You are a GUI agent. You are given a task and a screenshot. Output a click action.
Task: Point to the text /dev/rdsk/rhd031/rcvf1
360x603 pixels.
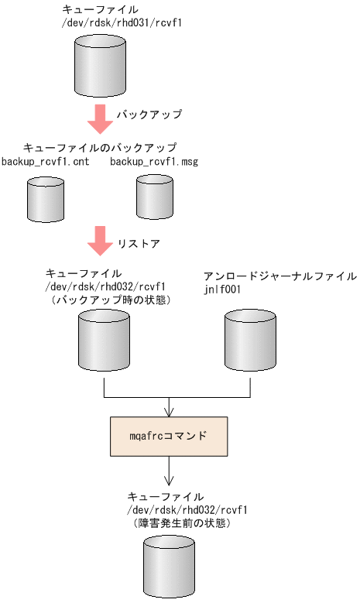tap(122, 23)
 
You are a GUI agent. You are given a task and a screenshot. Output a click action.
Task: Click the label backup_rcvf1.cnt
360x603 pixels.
tap(45, 161)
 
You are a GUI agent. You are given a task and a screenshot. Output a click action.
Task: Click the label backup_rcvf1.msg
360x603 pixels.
tap(153, 161)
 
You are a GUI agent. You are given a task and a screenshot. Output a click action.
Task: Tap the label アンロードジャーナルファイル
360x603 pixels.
tap(279, 276)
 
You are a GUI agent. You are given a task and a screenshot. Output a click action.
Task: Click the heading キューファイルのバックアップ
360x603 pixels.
tap(100, 147)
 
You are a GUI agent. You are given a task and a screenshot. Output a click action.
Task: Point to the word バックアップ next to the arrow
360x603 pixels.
tap(149, 115)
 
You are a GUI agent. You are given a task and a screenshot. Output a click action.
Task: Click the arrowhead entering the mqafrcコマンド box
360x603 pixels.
tap(169, 412)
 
